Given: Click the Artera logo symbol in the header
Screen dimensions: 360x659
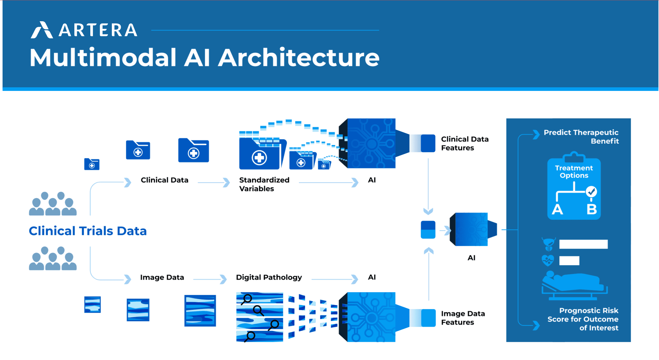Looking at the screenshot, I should pos(42,30).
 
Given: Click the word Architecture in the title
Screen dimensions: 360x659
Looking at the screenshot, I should pos(298,58).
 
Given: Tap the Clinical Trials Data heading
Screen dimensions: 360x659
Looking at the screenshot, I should pos(88,231).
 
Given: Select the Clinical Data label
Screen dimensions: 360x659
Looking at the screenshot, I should pos(164,180).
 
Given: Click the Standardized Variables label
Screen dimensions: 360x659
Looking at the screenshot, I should pos(264,184).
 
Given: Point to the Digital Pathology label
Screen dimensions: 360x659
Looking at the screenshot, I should pos(269,277).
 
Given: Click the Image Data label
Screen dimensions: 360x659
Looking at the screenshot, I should pos(162,277).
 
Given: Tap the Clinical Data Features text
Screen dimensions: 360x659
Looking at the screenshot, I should pos(464,143).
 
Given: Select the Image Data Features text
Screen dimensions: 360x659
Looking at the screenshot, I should pos(463,318).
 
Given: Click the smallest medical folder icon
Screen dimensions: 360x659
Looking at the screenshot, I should pos(92,164).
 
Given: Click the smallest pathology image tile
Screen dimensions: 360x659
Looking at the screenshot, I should pos(92,305).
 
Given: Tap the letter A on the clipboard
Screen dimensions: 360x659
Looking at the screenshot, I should pos(557,209).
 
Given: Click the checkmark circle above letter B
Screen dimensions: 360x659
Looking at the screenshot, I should pos(591,192).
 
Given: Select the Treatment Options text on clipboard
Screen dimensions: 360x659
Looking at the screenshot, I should pos(574,171).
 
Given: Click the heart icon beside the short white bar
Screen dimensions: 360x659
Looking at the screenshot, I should pos(548,260).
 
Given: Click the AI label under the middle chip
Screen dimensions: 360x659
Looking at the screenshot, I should pos(471,258).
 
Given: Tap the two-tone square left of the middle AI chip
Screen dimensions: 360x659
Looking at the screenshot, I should pos(428,230).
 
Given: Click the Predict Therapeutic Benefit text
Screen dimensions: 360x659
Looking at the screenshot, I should pos(581,137).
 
